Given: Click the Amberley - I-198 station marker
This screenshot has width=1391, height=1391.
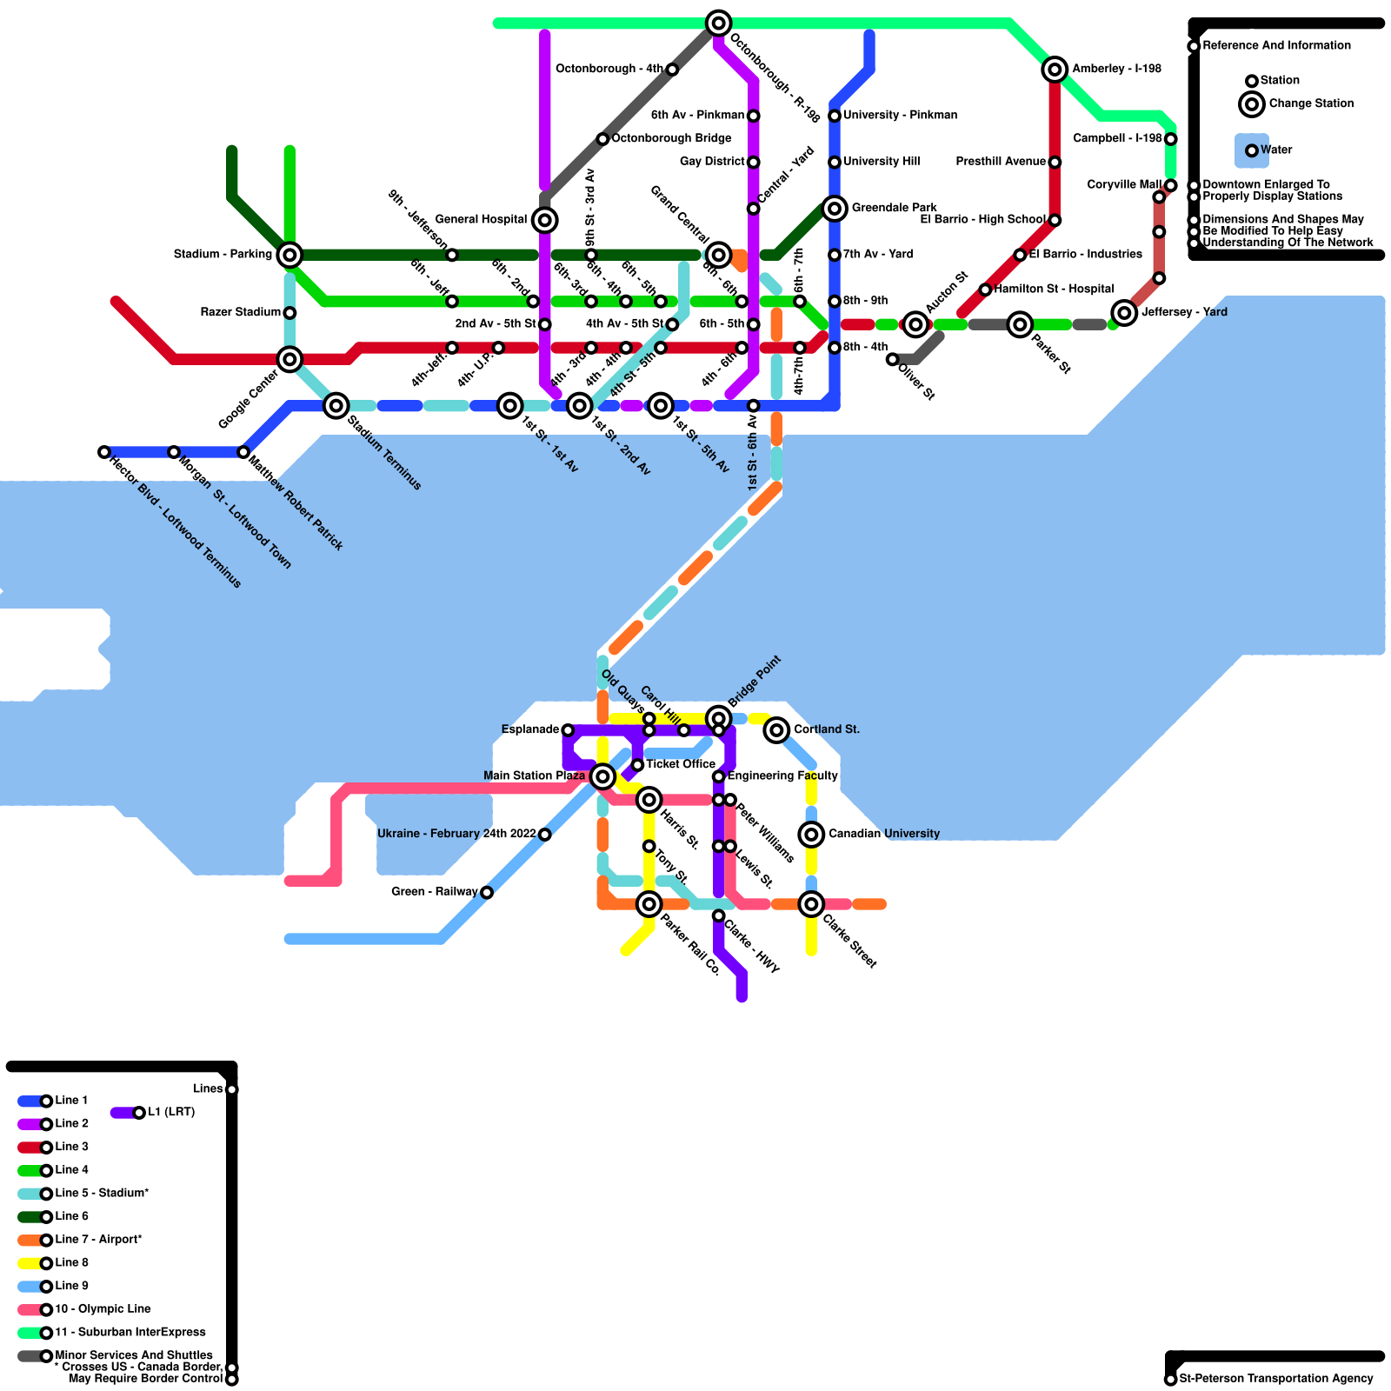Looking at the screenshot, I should coord(1055,70).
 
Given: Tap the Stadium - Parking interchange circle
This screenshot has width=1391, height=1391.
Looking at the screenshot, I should coord(290,255).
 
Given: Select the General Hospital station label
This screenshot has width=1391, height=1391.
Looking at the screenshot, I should coord(481,220).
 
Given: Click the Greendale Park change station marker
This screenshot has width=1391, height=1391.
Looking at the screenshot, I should coord(835,209).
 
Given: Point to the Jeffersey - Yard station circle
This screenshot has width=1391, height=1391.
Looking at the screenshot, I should coord(1124,313).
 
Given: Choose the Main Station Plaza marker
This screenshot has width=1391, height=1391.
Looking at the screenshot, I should coord(602,776).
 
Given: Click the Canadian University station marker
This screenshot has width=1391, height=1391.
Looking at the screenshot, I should coord(811,835).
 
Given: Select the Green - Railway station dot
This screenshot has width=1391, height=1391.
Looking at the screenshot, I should coord(487,893).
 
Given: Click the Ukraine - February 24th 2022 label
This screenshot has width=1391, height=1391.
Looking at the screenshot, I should coord(456,834).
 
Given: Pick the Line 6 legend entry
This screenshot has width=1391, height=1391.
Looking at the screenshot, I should coord(71,1216).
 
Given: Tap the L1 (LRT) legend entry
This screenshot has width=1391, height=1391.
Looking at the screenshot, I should coord(170,1112).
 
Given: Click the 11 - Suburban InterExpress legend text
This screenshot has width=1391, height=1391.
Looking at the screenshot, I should coord(130,1332).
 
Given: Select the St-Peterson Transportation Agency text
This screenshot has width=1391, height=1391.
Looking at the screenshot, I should coord(1276,1379).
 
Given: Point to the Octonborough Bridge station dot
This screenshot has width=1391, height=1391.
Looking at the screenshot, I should coord(602,139).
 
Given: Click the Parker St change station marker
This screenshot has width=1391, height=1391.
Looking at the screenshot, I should coord(1020,324).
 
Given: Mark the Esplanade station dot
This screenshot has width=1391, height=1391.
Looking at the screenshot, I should coord(568,730).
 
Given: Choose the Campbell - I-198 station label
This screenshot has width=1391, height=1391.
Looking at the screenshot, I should coord(1117,138).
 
